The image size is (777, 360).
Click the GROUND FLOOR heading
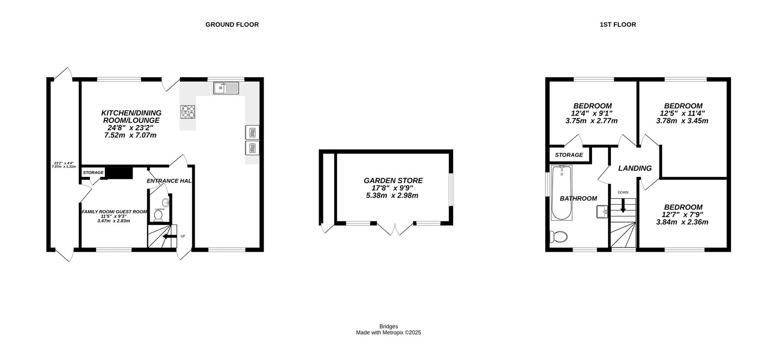(232, 24)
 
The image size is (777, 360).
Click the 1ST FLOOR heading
(618, 24)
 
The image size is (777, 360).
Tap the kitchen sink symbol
(226, 88)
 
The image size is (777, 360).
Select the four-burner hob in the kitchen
(188, 112)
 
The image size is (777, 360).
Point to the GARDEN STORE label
(393, 180)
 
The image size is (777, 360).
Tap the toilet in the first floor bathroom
(558, 237)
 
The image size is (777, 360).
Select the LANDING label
(635, 168)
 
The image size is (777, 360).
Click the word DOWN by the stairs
(623, 192)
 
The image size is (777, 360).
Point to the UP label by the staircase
(183, 237)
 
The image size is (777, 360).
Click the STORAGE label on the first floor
(569, 155)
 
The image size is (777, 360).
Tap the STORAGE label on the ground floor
(93, 172)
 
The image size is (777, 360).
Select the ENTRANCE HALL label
(169, 181)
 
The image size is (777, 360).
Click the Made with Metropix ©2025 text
(388, 333)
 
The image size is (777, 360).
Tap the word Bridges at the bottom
(388, 326)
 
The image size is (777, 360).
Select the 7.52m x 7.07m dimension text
(130, 136)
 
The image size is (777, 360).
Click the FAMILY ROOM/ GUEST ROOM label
(114, 211)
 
